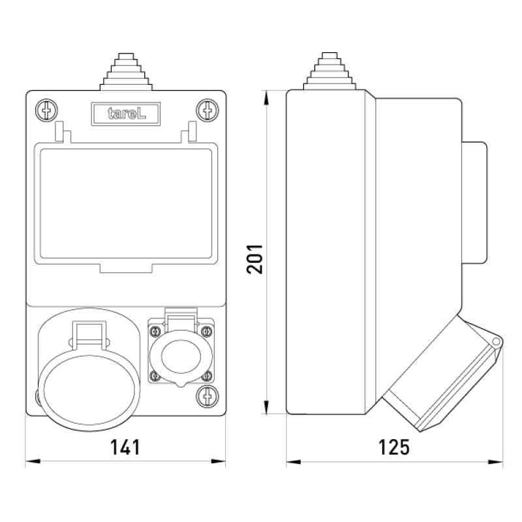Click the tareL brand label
point(126,114)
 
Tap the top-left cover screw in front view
point(46,110)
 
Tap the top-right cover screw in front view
point(207,110)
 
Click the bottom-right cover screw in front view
point(207,396)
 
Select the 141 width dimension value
point(125,447)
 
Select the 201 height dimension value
point(254,259)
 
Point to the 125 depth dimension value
point(394,447)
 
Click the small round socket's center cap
point(181,356)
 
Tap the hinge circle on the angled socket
point(496,341)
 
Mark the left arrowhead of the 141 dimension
point(33,461)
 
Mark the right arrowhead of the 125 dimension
point(495,462)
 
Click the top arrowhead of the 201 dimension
point(266,98)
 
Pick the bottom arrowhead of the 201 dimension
point(266,407)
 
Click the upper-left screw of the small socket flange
point(155,331)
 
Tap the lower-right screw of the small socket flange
point(207,376)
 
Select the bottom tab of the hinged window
point(126,268)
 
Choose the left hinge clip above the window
point(62,132)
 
